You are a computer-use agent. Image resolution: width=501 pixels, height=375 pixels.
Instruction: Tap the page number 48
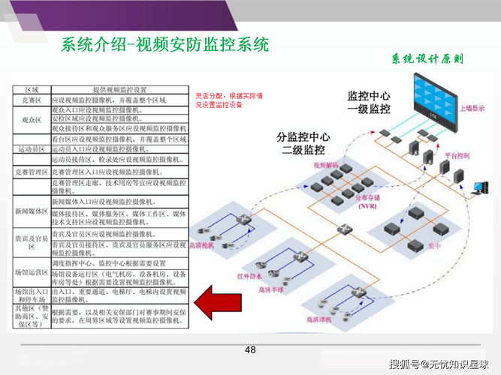[x=250, y=350]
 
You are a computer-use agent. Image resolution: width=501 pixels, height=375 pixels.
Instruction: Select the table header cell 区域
[x=32, y=90]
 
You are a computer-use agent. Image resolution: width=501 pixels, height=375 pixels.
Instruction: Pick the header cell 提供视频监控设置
[x=119, y=90]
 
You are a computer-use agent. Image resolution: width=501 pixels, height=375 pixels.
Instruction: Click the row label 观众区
[x=31, y=119]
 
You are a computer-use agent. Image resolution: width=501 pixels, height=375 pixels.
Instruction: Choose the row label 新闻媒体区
[x=31, y=212]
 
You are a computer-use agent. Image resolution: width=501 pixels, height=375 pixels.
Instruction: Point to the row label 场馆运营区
[x=31, y=272]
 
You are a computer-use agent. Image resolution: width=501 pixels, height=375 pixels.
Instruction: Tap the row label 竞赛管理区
[x=31, y=172]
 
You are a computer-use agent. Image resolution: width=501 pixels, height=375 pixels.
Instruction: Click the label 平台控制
[x=457, y=155]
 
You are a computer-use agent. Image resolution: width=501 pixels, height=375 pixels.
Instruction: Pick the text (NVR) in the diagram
[x=346, y=205]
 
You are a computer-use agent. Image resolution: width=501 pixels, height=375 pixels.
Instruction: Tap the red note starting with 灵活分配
[x=229, y=100]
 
